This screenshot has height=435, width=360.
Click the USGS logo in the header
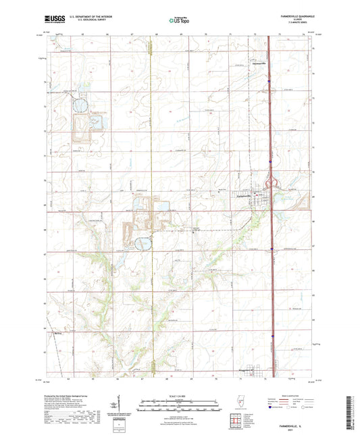(x=54, y=20)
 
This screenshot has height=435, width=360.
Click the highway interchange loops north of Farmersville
(x=272, y=183)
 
